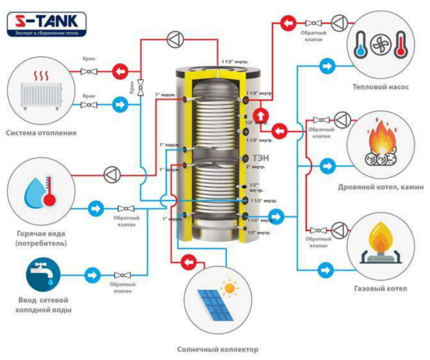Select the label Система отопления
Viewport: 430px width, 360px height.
click(41, 132)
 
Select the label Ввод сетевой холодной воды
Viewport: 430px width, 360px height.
click(45, 304)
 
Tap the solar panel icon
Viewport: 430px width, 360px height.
click(216, 302)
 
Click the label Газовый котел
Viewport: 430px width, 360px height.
click(381, 289)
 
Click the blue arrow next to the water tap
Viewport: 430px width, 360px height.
click(92, 275)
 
